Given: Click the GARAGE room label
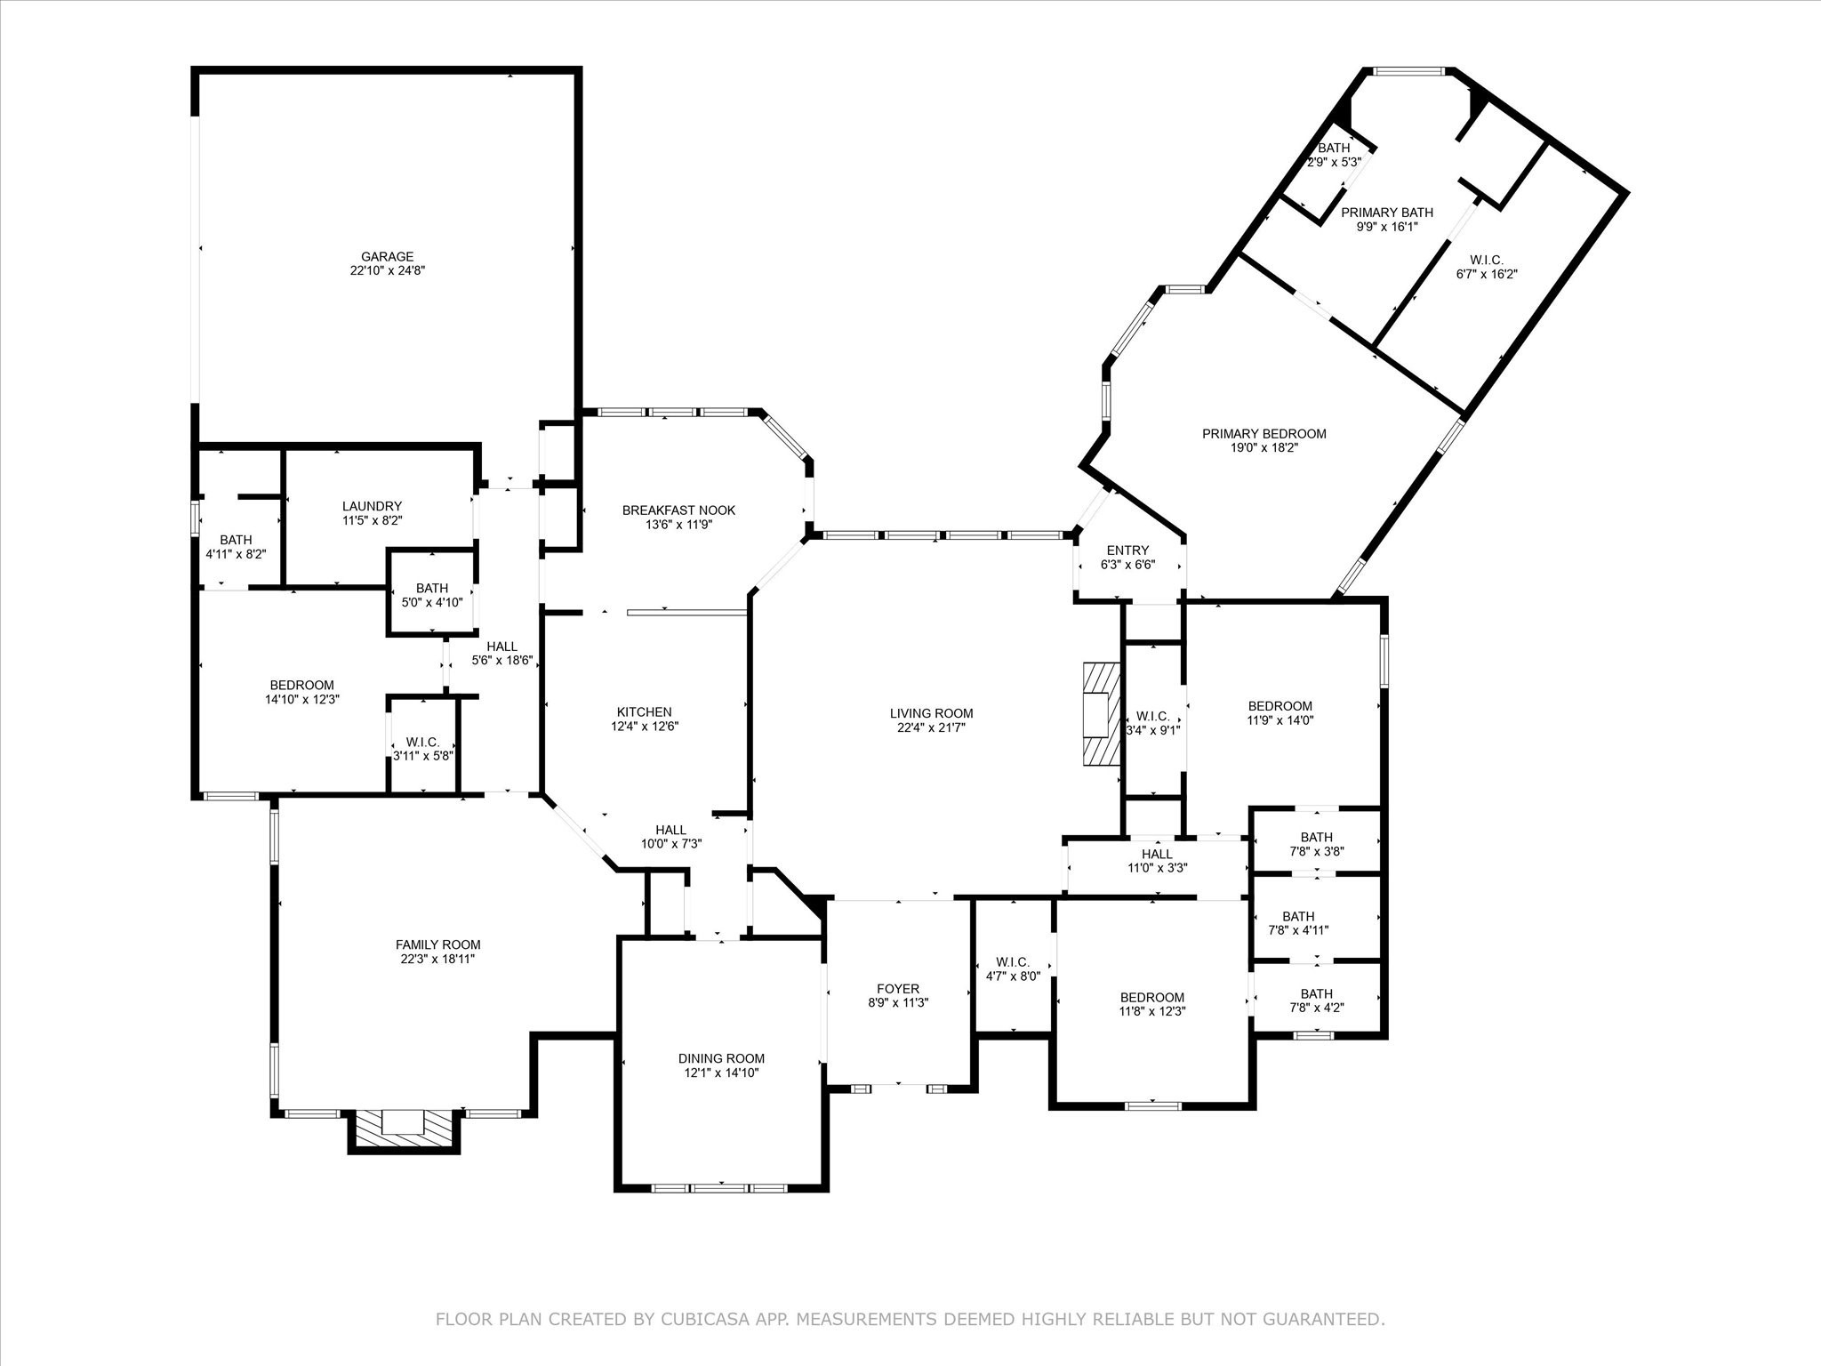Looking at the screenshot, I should point(387,257).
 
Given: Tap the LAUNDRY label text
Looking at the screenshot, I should point(372,506).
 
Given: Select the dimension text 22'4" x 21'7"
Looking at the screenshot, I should point(931,727).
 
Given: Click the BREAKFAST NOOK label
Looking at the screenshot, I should point(678,510).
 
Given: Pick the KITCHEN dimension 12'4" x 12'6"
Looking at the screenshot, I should point(644,726).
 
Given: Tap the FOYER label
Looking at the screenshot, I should point(898,989).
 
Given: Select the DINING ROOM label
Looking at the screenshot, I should point(721,1058).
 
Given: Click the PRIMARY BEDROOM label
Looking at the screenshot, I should point(1263,434).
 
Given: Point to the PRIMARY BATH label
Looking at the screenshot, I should point(1386,213).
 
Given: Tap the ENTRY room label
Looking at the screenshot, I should point(1127,550).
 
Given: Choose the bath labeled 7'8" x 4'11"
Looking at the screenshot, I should point(1298,930).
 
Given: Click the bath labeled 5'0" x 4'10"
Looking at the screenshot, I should point(432,602).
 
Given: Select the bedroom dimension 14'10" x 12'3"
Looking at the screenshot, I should point(302,699).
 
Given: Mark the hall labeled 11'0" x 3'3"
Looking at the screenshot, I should point(1157,868).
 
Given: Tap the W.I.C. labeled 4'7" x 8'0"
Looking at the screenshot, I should point(1013,976).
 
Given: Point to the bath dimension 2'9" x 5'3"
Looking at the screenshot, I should point(1334,163).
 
